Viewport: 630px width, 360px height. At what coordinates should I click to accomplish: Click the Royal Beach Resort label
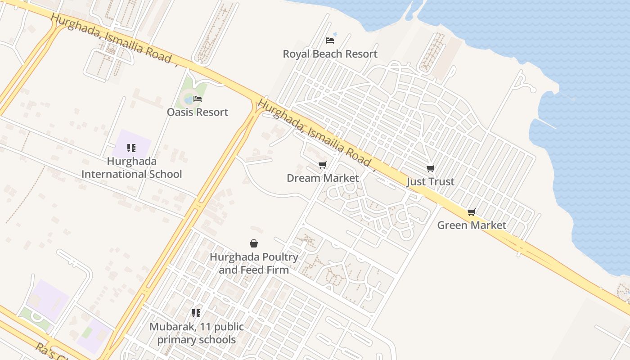click(x=330, y=54)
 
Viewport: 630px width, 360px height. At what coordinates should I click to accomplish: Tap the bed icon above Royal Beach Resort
click(x=330, y=40)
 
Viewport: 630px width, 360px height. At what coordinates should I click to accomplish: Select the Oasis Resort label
click(x=198, y=112)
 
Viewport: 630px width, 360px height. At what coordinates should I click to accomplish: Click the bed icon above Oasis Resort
click(x=198, y=99)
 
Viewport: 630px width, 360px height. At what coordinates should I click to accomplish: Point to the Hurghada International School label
click(x=131, y=168)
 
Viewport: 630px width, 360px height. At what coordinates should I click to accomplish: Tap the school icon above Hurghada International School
click(x=131, y=148)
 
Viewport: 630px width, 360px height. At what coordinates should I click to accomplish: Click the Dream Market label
click(x=323, y=178)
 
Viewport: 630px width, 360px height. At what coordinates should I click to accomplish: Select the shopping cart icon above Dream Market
click(x=322, y=165)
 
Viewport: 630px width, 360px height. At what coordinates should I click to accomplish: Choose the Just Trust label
click(x=430, y=182)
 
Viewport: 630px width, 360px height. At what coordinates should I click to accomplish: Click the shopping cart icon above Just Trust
click(x=431, y=169)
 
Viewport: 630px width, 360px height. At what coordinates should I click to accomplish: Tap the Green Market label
click(x=472, y=225)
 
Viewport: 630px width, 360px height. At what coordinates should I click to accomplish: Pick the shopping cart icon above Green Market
click(x=471, y=212)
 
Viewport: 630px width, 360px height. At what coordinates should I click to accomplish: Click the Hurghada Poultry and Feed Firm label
click(x=254, y=263)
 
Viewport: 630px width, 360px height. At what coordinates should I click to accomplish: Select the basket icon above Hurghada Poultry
click(x=254, y=243)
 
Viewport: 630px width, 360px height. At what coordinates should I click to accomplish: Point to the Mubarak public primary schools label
click(x=196, y=333)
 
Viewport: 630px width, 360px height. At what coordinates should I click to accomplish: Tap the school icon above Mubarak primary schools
click(x=196, y=313)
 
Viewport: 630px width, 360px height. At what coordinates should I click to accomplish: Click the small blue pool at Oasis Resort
click(x=188, y=100)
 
